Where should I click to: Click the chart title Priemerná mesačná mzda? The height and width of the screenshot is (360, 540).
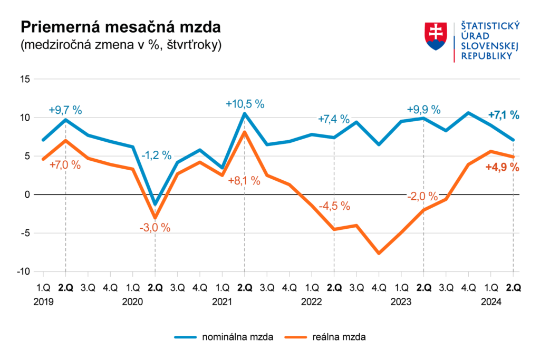click(x=120, y=27)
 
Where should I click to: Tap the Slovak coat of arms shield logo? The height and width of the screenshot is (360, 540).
click(x=435, y=36)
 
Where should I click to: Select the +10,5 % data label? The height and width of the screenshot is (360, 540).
click(x=245, y=104)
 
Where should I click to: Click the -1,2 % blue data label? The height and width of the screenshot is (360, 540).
click(x=156, y=155)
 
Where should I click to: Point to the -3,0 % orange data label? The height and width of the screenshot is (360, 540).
click(x=155, y=228)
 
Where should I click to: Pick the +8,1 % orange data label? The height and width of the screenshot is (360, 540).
click(x=244, y=180)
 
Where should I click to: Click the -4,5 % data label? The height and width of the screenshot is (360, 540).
click(x=334, y=206)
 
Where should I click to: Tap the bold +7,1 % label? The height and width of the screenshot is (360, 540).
click(x=504, y=115)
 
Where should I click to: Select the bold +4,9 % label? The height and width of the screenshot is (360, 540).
click(x=502, y=168)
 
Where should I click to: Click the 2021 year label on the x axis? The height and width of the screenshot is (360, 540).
click(x=222, y=302)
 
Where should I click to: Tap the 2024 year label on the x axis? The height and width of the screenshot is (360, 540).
click(x=491, y=302)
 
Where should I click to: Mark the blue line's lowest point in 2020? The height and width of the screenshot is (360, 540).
click(x=155, y=204)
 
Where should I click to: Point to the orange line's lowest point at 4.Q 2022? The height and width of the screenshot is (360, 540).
click(x=379, y=253)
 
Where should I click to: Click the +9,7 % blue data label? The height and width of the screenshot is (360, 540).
click(x=65, y=110)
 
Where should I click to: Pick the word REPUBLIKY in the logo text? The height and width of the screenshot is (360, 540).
click(x=487, y=56)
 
